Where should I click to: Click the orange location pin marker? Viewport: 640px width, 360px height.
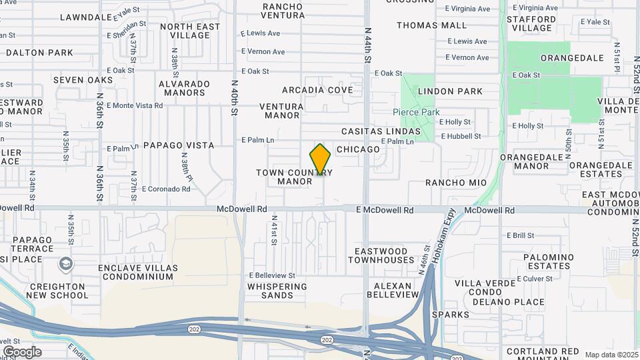tap(321, 159)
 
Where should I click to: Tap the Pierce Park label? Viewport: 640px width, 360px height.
tap(415, 113)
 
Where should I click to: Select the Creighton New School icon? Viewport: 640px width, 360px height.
tap(65, 265)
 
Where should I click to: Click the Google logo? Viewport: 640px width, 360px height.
tap(21, 351)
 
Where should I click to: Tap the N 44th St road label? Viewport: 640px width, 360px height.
tap(367, 45)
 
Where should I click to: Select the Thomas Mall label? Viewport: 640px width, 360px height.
tap(431, 25)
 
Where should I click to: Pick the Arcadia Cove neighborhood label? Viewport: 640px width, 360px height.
tap(317, 90)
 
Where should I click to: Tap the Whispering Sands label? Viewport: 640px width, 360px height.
tap(277, 291)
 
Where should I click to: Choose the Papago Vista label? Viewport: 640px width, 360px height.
tap(179, 145)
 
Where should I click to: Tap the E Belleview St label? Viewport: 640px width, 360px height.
tap(272, 275)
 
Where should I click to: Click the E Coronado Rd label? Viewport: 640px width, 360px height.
tap(166, 189)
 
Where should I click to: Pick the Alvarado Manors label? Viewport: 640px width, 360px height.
tap(184, 88)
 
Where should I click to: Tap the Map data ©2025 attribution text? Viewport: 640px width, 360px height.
tap(610, 354)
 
